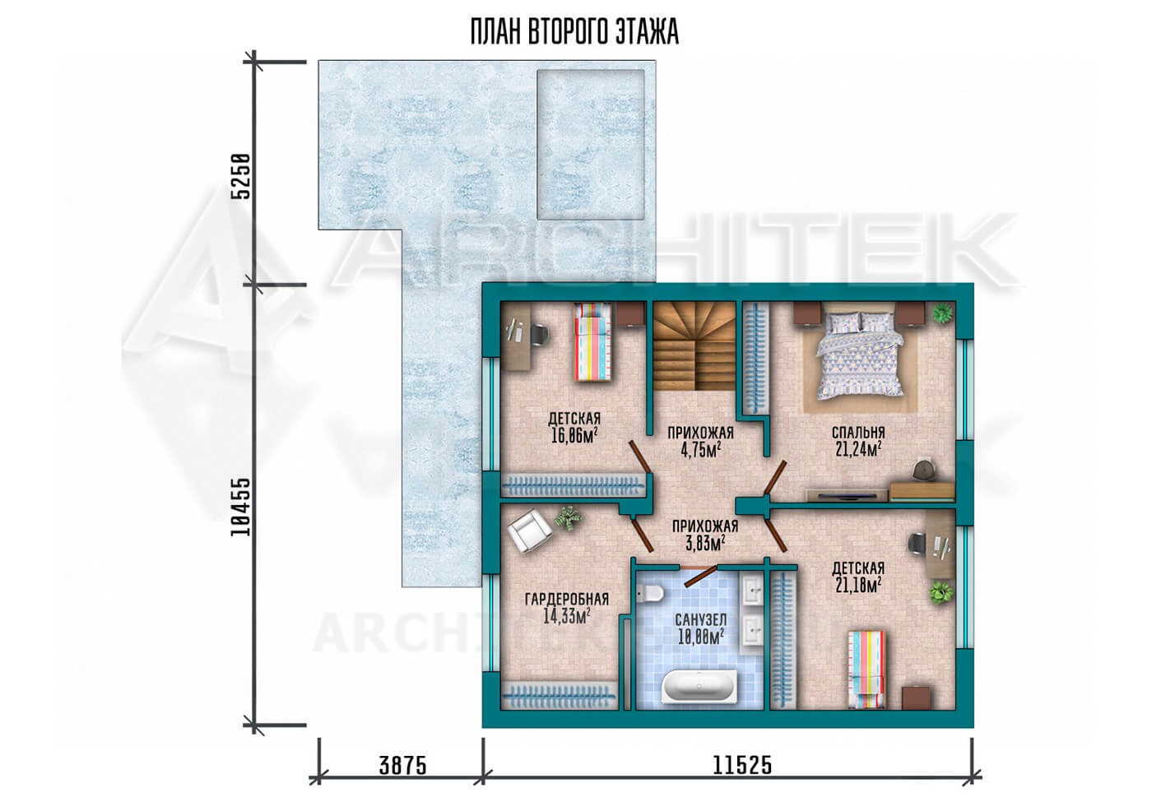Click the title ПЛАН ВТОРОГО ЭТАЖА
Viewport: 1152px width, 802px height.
point(574,33)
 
